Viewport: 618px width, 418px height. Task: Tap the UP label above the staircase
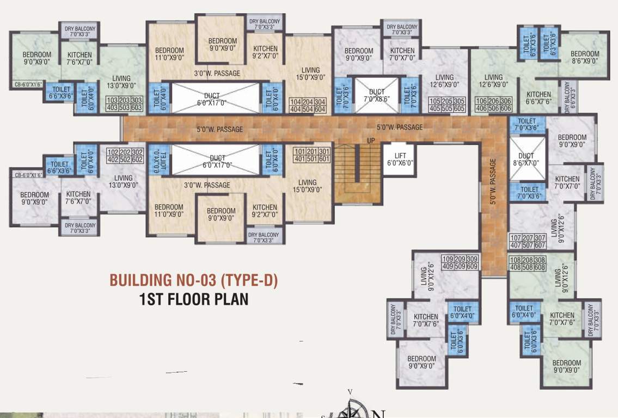(x=356, y=140)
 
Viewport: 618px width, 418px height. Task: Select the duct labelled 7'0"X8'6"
(x=376, y=96)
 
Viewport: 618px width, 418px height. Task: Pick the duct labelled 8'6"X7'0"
(x=526, y=158)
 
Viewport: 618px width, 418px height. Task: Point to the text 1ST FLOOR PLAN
(x=194, y=299)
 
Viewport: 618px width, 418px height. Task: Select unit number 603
(x=137, y=108)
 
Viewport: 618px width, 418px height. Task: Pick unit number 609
(x=471, y=266)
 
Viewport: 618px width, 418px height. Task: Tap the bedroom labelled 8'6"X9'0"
(x=584, y=57)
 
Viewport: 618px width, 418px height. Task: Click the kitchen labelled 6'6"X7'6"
(x=539, y=97)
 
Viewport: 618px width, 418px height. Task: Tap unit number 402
(x=113, y=160)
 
